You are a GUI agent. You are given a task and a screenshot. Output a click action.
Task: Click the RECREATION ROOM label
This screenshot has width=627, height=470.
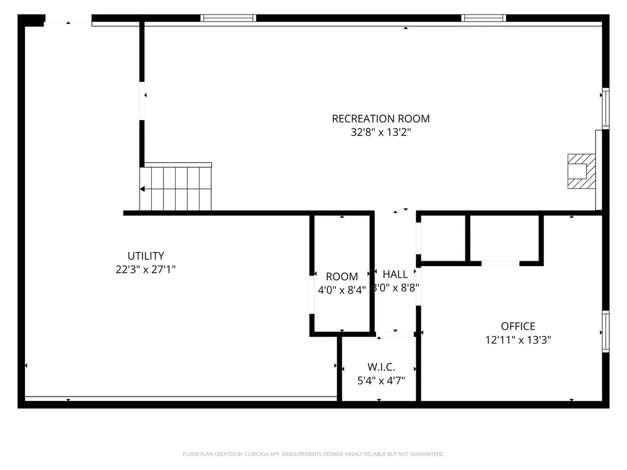click(x=380, y=119)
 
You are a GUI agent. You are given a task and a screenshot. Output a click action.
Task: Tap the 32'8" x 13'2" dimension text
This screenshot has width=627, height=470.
click(x=380, y=132)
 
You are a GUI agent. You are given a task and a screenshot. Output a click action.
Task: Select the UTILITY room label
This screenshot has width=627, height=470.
click(x=146, y=256)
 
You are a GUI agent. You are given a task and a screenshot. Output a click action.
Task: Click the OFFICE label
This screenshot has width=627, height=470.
click(x=518, y=326)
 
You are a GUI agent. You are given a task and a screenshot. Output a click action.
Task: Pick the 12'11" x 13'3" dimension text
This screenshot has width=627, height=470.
click(x=518, y=340)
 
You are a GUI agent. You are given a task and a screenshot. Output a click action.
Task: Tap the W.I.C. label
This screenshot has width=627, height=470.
click(x=381, y=367)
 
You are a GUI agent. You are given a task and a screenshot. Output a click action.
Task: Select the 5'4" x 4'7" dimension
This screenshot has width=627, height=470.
click(x=381, y=381)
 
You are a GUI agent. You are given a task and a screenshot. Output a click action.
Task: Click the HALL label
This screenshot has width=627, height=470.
click(x=395, y=274)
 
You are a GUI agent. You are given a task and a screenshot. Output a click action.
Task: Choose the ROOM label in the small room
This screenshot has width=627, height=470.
click(x=342, y=277)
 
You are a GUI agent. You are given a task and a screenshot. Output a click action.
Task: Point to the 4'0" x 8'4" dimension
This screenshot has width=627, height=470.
click(x=342, y=290)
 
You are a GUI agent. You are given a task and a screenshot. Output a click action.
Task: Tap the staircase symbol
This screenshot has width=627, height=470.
click(x=176, y=187)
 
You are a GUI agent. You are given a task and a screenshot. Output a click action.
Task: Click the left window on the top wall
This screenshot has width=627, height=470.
click(x=228, y=18)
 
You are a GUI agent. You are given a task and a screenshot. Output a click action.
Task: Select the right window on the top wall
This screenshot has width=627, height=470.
click(x=484, y=18)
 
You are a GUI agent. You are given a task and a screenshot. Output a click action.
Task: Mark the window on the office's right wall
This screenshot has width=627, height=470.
click(x=606, y=331)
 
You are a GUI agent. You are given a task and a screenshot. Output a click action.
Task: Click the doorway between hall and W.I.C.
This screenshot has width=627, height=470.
click(x=395, y=334)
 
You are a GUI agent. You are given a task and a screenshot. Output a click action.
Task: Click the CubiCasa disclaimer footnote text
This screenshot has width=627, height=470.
click(x=313, y=454)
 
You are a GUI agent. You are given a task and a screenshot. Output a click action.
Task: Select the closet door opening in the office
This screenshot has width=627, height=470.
click(x=500, y=263)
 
